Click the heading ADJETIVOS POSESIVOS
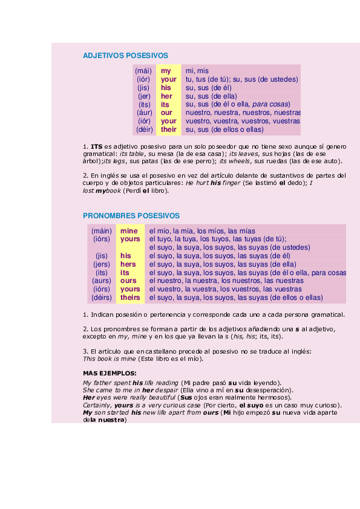pos(125,56)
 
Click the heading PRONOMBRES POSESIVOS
pos(131,215)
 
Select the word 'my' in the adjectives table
pos(166,71)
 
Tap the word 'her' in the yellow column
pos(166,96)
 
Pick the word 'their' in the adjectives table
pos(169,129)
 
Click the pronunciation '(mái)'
pos(143,71)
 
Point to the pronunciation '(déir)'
pos(144,129)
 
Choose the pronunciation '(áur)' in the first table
pos(144,112)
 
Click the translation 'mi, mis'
pos(197,71)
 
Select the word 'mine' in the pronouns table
pos(129,231)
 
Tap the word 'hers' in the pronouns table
pos(128,264)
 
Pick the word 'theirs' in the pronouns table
pos(130,297)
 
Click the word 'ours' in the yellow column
pos(128,280)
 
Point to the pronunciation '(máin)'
pos(102,231)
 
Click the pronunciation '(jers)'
pos(102,264)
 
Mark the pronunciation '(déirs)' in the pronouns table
pos(102,297)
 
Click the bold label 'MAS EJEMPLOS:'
pos(110,373)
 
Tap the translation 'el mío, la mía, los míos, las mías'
pos(202,231)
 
